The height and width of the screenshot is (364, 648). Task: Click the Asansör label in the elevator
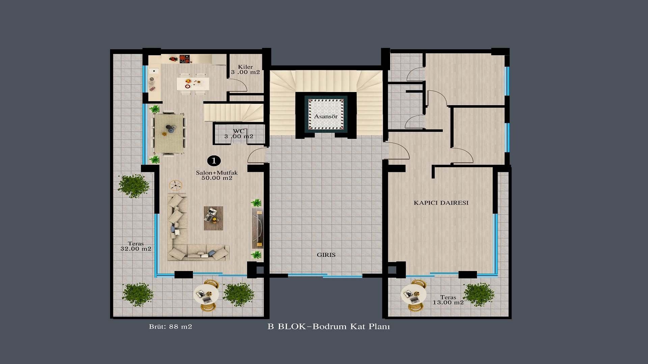[x=326, y=116]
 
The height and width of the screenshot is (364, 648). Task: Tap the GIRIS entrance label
[x=326, y=255]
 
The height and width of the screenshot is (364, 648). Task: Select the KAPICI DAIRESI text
[x=441, y=203]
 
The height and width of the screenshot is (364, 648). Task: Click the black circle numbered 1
[x=214, y=161]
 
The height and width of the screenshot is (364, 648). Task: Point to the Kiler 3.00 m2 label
[x=245, y=69]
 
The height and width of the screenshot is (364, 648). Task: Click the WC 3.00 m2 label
[x=239, y=134]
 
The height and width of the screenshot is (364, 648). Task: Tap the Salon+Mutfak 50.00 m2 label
[x=217, y=175]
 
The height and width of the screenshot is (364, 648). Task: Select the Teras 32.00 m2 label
[x=136, y=246]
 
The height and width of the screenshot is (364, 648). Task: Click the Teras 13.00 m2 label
[x=448, y=300]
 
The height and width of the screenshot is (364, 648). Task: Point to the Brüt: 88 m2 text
[x=170, y=327]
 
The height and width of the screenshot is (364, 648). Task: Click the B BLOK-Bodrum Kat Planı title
[x=329, y=327]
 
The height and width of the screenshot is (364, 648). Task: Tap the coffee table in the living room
[x=213, y=218]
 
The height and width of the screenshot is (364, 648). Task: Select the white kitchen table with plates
[x=193, y=84]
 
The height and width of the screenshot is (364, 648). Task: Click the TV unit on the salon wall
[x=258, y=228]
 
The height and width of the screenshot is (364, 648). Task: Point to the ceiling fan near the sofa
[x=175, y=185]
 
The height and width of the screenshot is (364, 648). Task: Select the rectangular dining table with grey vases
[x=169, y=133]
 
